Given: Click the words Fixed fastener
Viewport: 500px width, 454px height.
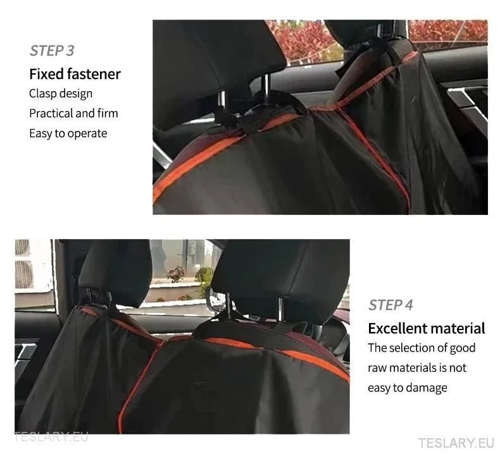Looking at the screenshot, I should point(75,74).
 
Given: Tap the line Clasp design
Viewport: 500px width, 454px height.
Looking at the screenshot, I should point(61,94).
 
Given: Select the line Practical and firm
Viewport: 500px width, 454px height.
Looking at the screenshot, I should point(73,114).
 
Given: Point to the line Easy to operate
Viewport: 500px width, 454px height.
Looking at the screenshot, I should point(68,133).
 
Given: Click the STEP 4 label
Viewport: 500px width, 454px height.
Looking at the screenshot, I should point(391,305).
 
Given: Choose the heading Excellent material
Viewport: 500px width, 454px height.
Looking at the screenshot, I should point(427,329).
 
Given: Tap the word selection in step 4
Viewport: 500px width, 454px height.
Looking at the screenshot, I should point(412,348).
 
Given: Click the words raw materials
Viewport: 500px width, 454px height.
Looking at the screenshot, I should point(400,368).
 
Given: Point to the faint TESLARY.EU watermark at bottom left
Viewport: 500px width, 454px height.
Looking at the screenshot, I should point(51,436).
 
